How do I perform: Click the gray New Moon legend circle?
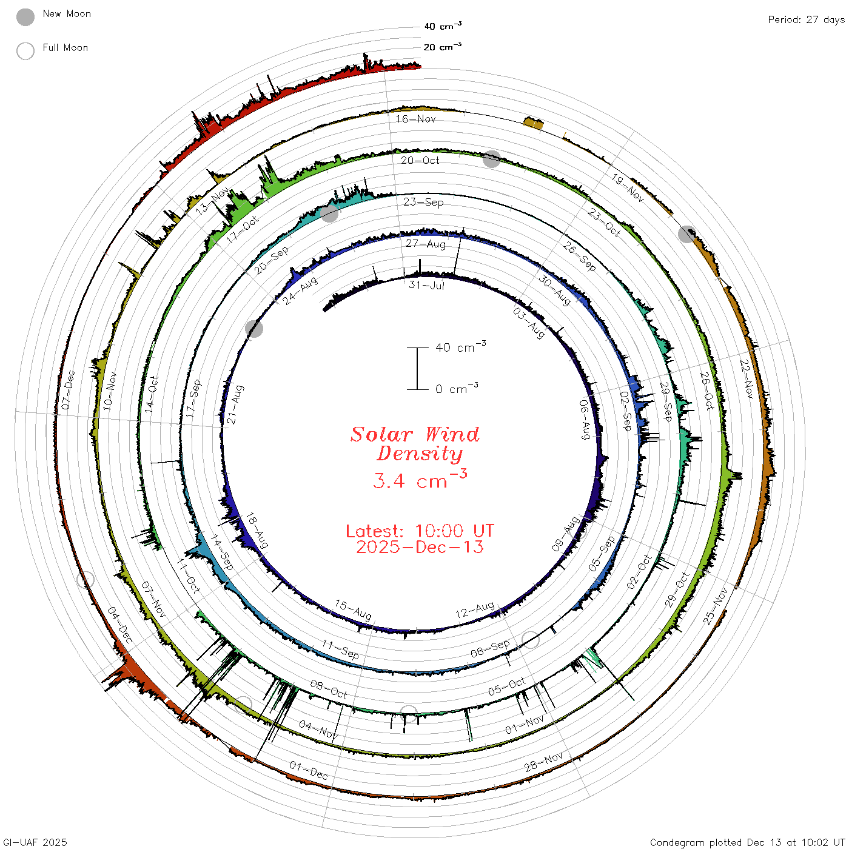click(25, 17)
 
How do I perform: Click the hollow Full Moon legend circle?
click(25, 51)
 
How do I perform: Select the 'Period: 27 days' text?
click(806, 20)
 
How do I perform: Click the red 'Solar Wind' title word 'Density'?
click(420, 454)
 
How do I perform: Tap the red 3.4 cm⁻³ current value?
click(420, 480)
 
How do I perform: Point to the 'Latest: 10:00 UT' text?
click(420, 531)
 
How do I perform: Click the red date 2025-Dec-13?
click(420, 547)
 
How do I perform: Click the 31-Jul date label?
click(426, 285)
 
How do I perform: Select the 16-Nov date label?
click(415, 119)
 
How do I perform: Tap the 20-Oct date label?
click(420, 160)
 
